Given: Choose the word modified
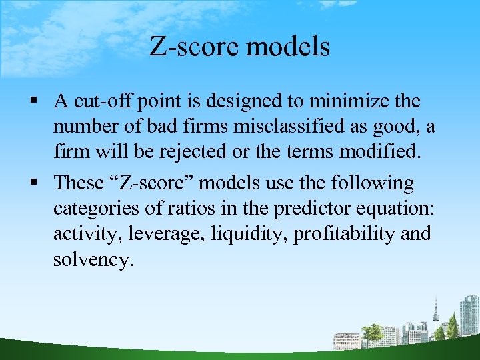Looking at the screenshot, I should [379, 152].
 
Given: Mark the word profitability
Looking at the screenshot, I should [342, 234].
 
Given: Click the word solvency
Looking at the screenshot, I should [93, 259].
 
